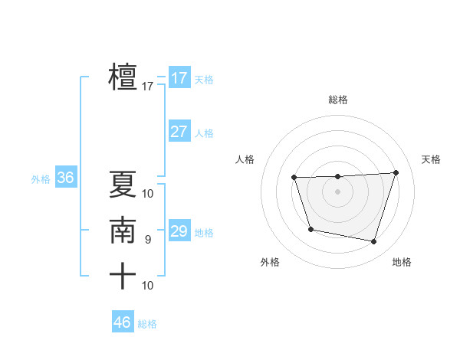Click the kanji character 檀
tap(123, 77)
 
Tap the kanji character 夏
tap(123, 185)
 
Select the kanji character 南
tap(123, 231)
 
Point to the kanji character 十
tap(123, 276)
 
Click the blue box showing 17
tap(179, 78)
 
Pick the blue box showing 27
tap(179, 132)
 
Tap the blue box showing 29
tap(179, 231)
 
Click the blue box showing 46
tap(122, 322)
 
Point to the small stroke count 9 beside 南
tap(148, 240)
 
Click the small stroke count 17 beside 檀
tap(148, 87)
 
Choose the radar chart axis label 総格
tap(338, 100)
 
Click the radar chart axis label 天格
tap(431, 159)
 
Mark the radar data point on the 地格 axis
tap(374, 242)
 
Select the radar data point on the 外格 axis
tap(310, 229)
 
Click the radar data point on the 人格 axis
tap(294, 178)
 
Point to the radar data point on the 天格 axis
tap(396, 172)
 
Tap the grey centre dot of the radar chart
tap(338, 191)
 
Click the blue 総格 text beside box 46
tap(147, 324)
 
